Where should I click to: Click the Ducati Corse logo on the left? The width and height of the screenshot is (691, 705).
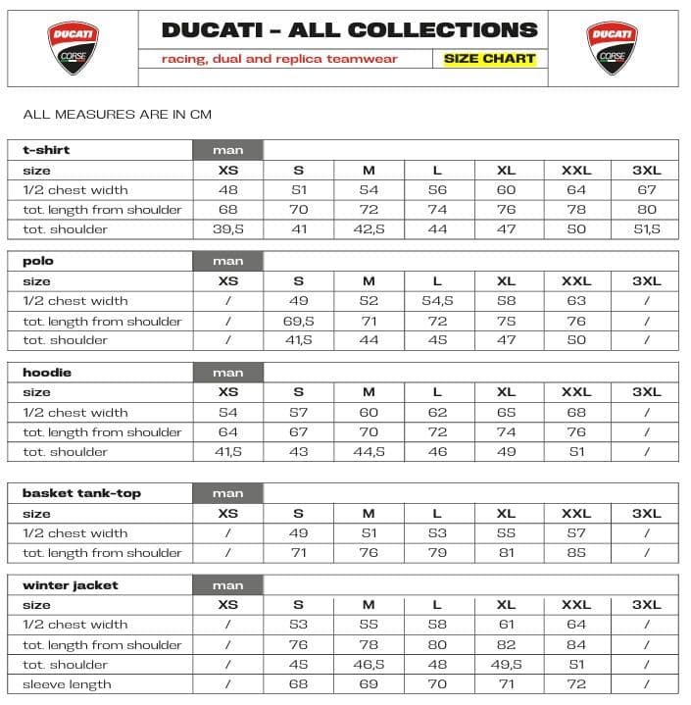coord(73,47)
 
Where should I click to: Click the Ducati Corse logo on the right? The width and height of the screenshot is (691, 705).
coord(614,47)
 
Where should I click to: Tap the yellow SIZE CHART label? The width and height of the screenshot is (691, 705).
coord(489,59)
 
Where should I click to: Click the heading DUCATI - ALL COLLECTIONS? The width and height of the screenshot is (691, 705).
coord(349,29)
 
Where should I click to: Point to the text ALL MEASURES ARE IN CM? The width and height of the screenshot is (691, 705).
coord(117,115)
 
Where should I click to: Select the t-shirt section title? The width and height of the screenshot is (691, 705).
coord(46,150)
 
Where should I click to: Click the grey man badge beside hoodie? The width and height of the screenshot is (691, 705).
coord(228,373)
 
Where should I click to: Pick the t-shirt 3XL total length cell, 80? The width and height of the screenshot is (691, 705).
coord(646,210)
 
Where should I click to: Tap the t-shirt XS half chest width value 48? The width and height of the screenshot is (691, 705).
coord(228,190)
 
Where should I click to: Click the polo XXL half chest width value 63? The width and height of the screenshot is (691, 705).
coord(576,301)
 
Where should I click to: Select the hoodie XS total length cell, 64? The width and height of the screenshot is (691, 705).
coord(228,432)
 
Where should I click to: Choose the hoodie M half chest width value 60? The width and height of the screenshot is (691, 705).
coord(369,413)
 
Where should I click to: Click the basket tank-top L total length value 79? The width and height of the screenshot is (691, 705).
coord(437,553)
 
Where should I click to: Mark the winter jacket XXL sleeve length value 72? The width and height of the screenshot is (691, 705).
coord(576,684)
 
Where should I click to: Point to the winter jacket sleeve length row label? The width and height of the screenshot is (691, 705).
coord(67,684)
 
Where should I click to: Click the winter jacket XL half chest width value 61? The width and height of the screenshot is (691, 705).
coord(506,625)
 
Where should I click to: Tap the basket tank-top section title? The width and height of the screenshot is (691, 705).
coord(81,493)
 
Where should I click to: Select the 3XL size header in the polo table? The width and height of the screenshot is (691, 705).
coord(646,281)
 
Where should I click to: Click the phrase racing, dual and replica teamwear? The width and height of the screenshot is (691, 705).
coord(279,59)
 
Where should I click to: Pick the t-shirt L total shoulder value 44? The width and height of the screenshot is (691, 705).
coord(437,229)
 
